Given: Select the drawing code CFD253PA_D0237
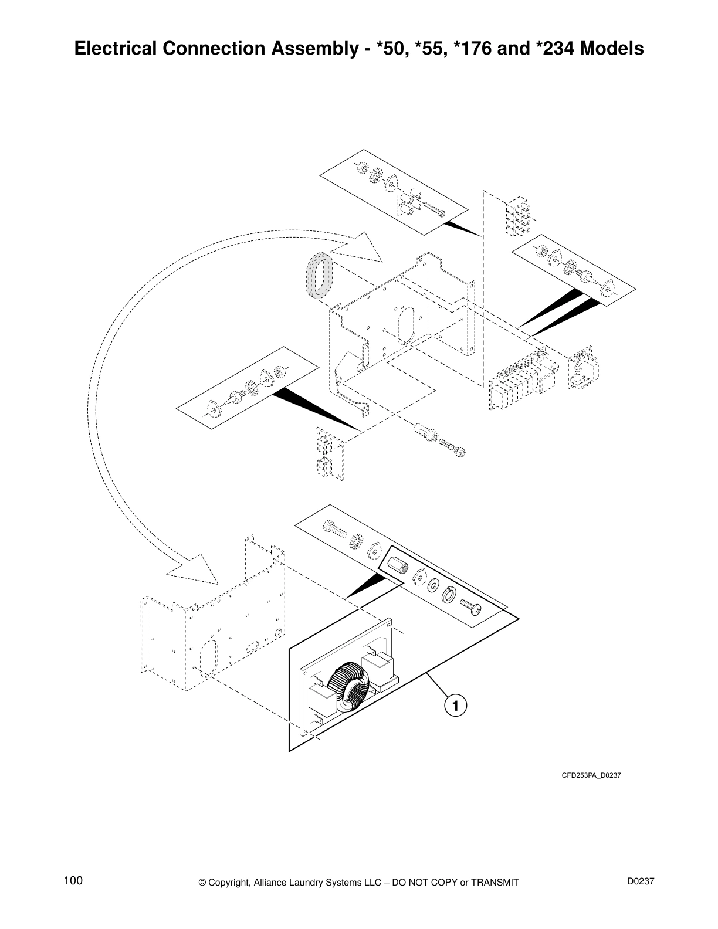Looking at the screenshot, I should pos(591,775).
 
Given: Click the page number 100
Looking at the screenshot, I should pos(73,881).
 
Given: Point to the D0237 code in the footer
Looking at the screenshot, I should pos(640,881).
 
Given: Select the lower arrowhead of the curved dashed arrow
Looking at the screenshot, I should pos(193,569).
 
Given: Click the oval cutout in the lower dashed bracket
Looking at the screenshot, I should pos(208,656).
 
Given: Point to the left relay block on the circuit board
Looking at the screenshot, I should pos(322,699).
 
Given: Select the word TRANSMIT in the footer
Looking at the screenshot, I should pos(495,883).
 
